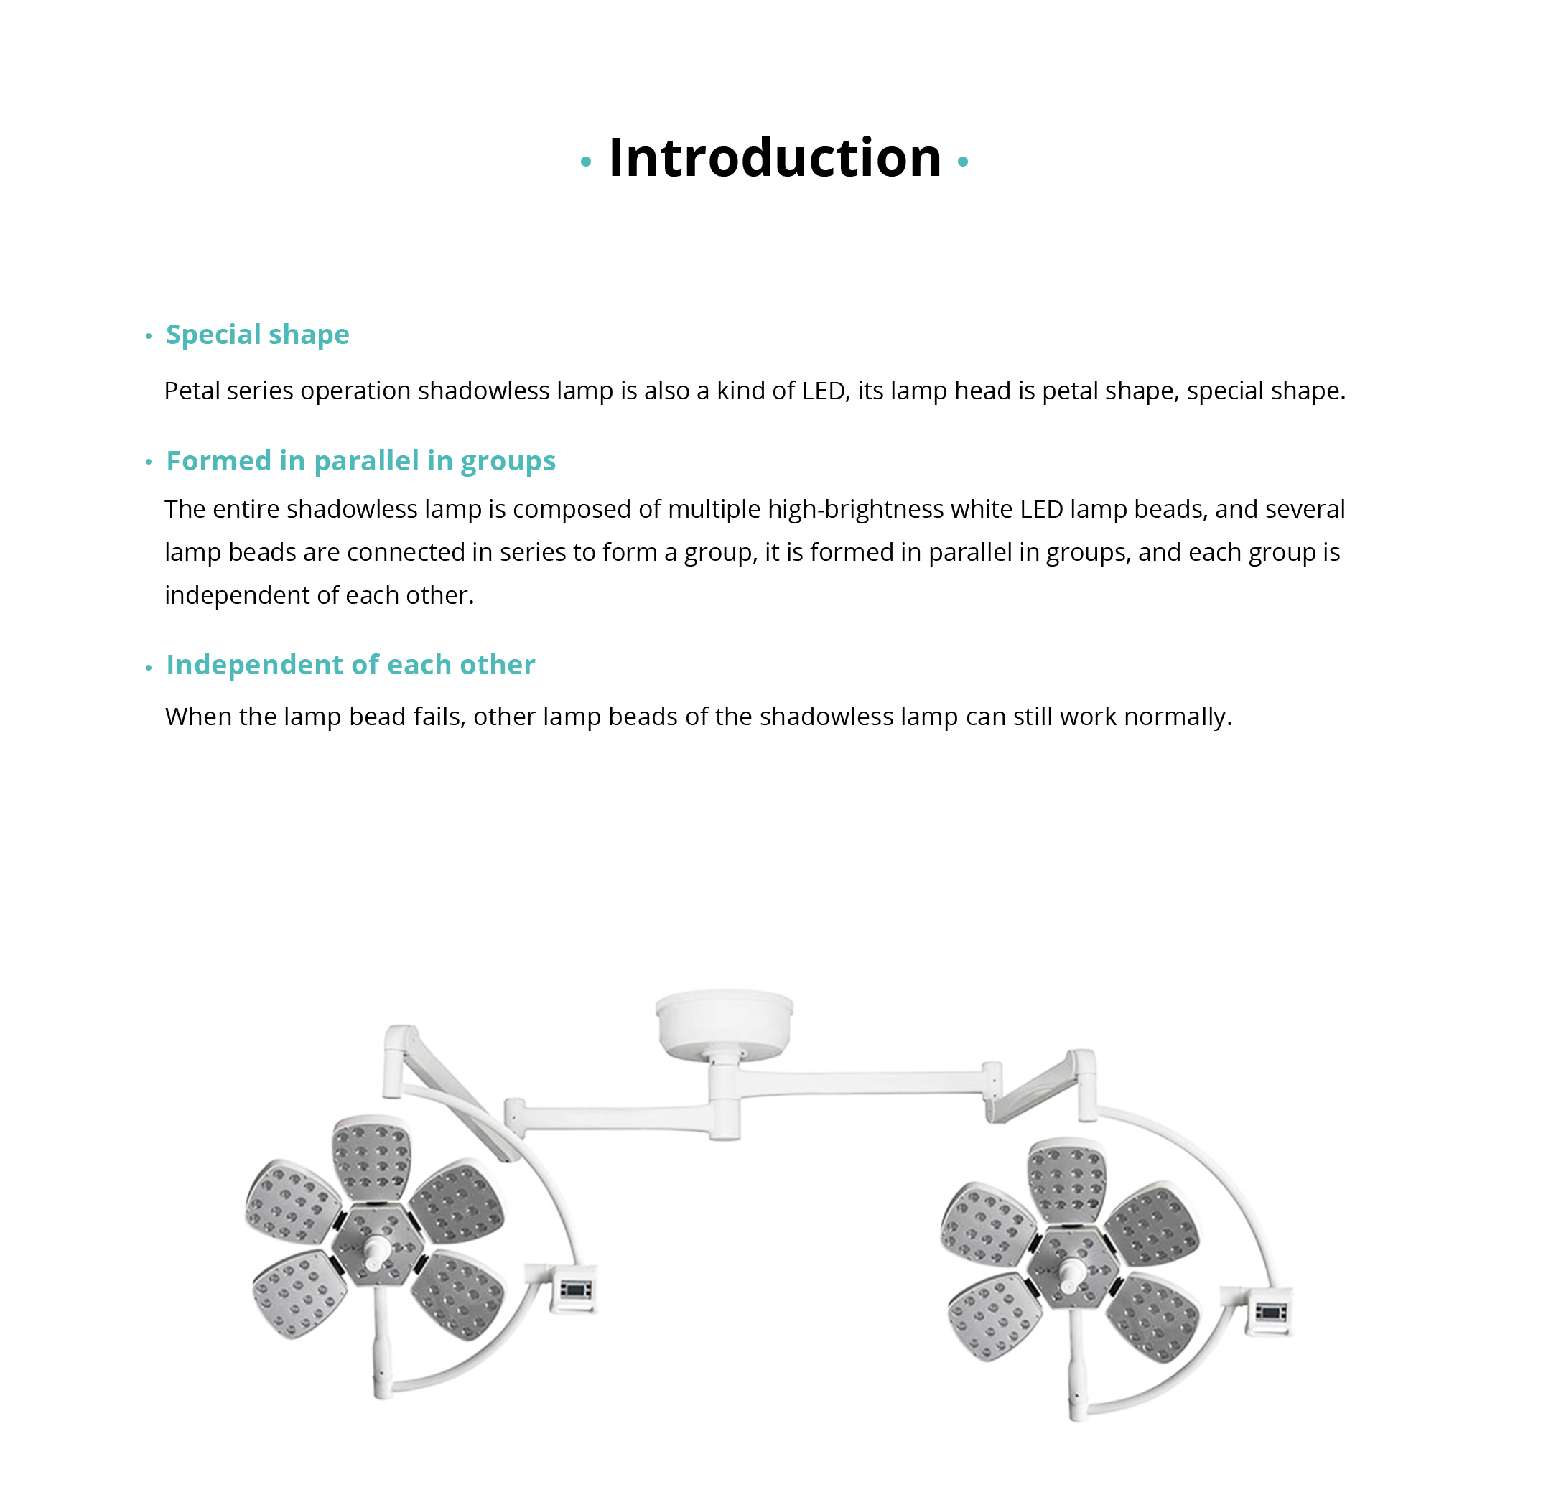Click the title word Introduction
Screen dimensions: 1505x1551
tap(775, 157)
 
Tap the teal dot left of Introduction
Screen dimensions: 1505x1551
tap(586, 162)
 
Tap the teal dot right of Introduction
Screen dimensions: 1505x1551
tap(962, 162)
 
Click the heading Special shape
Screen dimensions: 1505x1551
tap(257, 335)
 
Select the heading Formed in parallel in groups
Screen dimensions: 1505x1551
tap(361, 461)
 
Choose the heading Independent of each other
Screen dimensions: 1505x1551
tap(350, 666)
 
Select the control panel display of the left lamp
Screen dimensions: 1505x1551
tap(574, 1291)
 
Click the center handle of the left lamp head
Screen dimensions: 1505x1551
tap(375, 1250)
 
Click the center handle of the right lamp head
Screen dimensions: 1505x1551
tap(1071, 1272)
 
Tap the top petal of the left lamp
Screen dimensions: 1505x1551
tap(371, 1157)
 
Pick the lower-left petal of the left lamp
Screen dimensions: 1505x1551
tap(299, 1295)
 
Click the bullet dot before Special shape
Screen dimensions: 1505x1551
tap(148, 336)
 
